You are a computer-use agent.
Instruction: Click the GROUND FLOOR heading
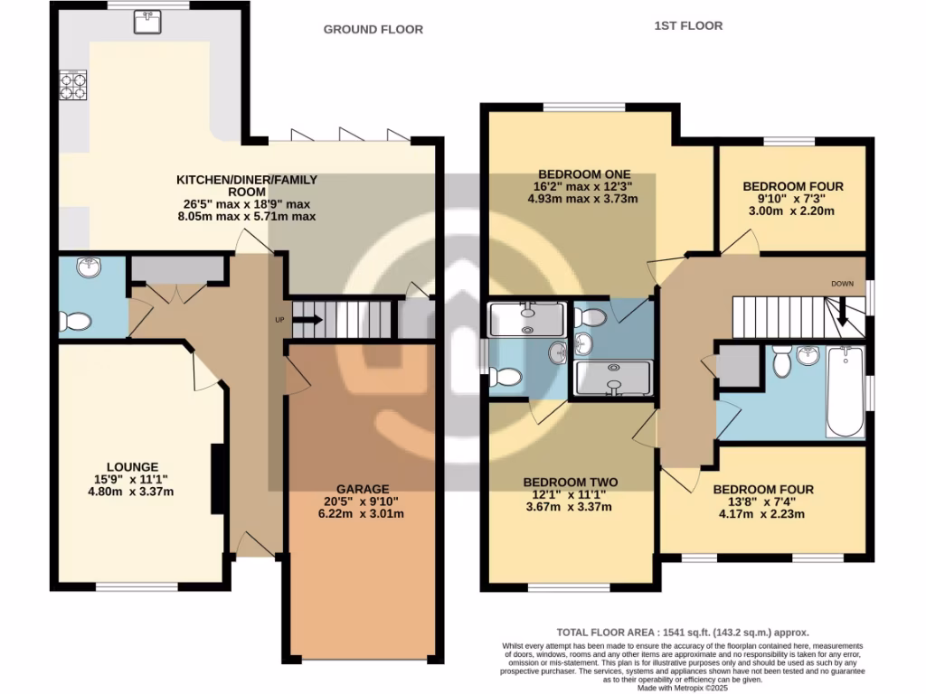pyautogui.click(x=373, y=29)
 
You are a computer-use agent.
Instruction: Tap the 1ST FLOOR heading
pyautogui.click(x=688, y=25)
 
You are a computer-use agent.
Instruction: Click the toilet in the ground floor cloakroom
pyautogui.click(x=75, y=321)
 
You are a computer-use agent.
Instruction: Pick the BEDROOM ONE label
pyautogui.click(x=572, y=173)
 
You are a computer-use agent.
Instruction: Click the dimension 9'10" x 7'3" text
pyautogui.click(x=780, y=199)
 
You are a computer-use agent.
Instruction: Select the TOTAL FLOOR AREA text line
pyautogui.click(x=681, y=633)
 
